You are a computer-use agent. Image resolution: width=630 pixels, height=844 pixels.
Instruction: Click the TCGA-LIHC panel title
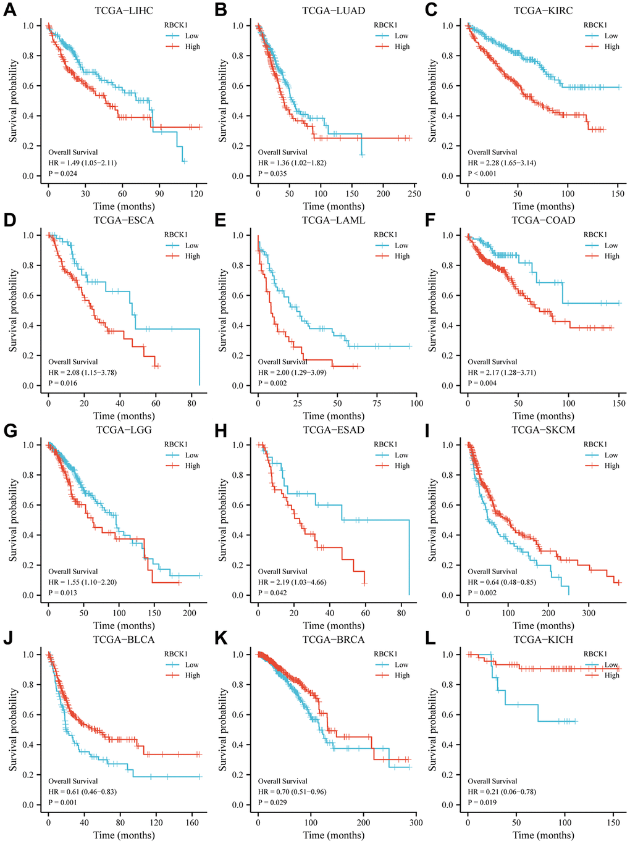click(124, 10)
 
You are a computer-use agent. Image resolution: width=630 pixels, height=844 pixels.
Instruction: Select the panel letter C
click(431, 10)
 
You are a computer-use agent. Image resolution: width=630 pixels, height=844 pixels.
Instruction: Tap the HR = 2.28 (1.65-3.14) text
click(502, 163)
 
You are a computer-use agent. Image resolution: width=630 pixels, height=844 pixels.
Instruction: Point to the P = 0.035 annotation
click(272, 173)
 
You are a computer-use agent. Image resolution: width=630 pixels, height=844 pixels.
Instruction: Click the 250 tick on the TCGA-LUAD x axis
click(414, 194)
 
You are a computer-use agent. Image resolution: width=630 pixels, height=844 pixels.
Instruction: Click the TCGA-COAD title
click(543, 220)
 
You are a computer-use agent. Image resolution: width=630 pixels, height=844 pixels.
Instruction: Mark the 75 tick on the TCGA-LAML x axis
click(377, 403)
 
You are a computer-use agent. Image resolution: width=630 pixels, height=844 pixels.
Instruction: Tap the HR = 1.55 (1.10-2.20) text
click(83, 582)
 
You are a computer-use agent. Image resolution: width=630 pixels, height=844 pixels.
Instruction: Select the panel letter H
click(221, 430)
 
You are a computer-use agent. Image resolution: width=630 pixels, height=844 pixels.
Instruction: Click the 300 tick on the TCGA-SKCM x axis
click(589, 613)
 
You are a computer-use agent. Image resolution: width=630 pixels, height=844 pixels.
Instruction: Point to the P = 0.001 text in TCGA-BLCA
click(63, 803)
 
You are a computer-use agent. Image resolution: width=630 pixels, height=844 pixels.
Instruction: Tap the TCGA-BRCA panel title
click(334, 640)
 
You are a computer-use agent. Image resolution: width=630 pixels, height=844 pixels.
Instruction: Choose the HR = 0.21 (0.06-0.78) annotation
click(502, 792)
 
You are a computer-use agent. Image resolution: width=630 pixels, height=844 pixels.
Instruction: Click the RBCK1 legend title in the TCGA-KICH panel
click(595, 654)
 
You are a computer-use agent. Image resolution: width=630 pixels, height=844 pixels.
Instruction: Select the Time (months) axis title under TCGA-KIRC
click(544, 206)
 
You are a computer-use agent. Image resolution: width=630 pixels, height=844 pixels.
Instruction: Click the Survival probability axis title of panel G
click(13, 520)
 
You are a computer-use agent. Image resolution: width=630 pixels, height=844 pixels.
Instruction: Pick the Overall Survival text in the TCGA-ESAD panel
click(283, 572)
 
